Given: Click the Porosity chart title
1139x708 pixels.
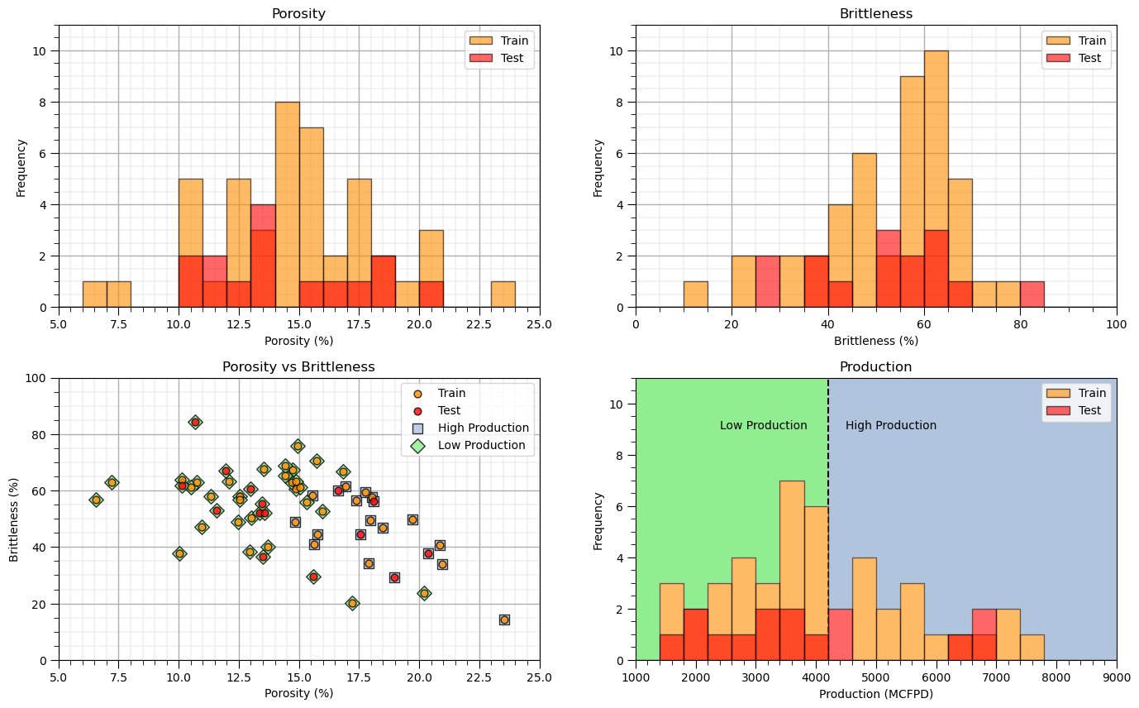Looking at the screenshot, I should [298, 14].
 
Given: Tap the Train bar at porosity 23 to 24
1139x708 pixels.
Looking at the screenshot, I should [503, 294].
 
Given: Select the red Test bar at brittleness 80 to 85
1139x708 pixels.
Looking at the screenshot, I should [1032, 294].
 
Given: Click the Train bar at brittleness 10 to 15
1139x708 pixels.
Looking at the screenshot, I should [695, 294].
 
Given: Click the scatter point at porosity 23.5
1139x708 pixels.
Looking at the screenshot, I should [504, 619].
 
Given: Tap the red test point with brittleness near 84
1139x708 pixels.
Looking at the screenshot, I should [195, 422].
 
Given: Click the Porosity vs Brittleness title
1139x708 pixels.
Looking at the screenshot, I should [298, 367].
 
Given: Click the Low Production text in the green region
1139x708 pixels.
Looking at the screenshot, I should [763, 426].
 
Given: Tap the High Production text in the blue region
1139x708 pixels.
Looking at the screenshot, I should [890, 426].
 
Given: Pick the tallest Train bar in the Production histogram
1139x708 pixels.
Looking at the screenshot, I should [792, 571].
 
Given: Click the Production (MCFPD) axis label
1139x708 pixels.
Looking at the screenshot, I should [875, 694].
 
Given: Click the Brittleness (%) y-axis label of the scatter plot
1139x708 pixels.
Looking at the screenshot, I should [14, 519].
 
